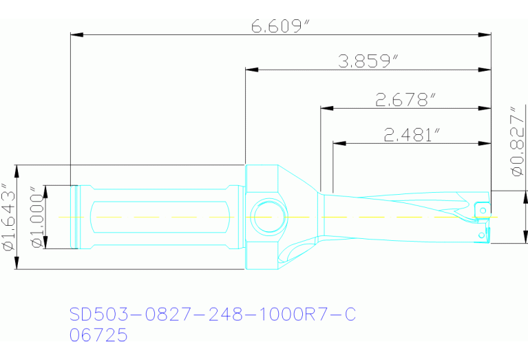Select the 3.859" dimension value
pyautogui.click(x=369, y=62)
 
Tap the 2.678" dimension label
pyautogui.click(x=406, y=100)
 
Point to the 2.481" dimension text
pyautogui.click(x=412, y=136)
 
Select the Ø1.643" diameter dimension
pyautogui.click(x=8, y=218)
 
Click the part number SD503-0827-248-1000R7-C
pyautogui.click(x=213, y=315)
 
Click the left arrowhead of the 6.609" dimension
pyautogui.click(x=77, y=34)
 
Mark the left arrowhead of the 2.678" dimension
pyautogui.click(x=326, y=108)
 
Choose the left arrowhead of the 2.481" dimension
pyautogui.click(x=339, y=143)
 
